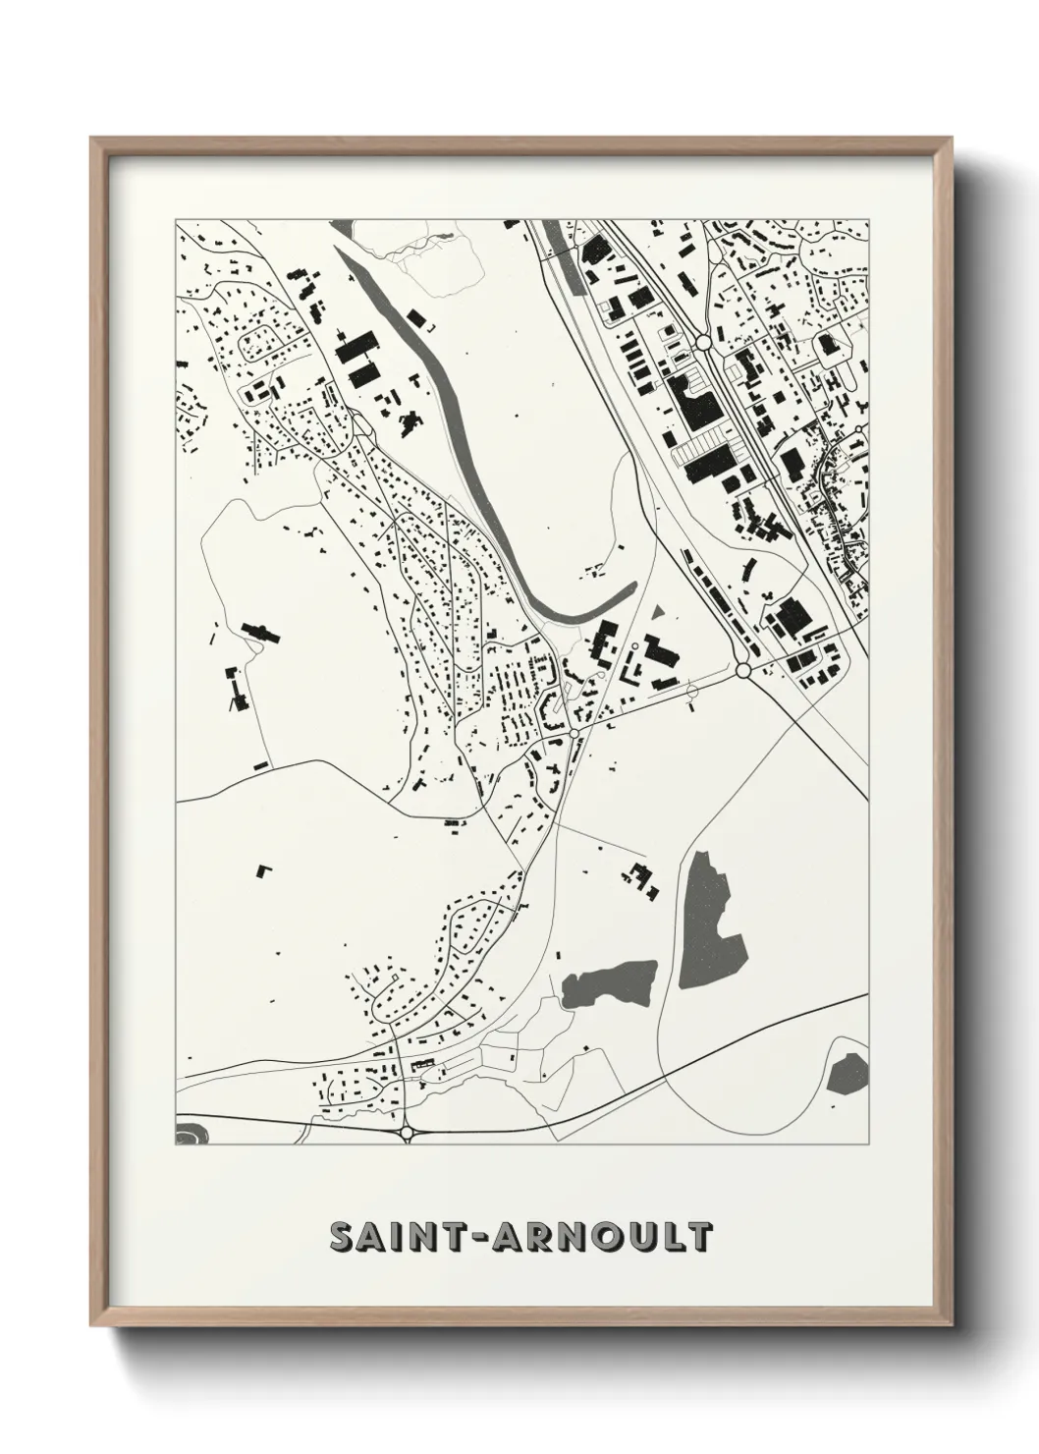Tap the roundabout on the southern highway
(407, 1133)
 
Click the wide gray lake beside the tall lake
(609, 983)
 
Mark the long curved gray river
(462, 422)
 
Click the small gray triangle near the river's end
(656, 611)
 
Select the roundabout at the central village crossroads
(574, 734)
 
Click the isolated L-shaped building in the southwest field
(262, 870)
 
